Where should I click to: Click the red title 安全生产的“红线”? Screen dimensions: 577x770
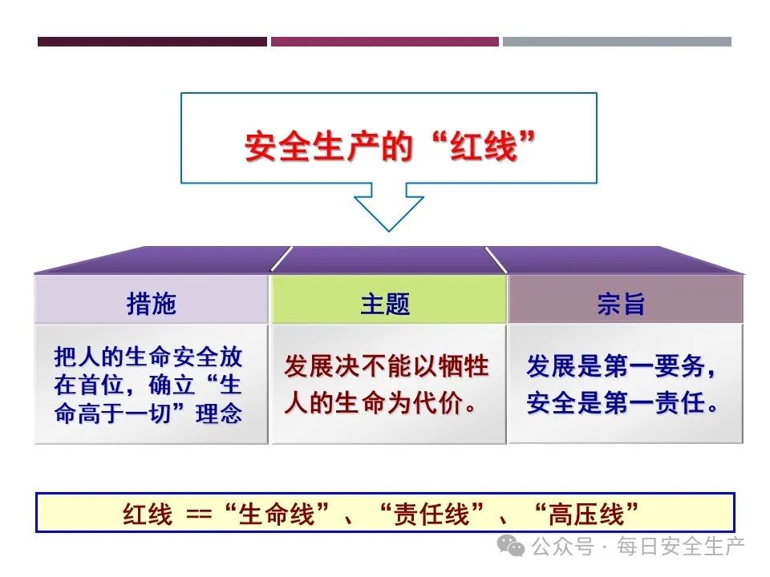pos(390,147)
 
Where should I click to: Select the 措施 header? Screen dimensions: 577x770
pos(151,304)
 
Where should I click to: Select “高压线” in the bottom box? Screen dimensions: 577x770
pos(588,514)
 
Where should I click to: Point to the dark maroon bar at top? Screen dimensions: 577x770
pos(152,41)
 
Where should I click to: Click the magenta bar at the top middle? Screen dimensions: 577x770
pos(384,41)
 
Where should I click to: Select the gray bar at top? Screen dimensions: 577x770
pos(617,41)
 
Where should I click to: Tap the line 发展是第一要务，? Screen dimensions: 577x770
pos(622,367)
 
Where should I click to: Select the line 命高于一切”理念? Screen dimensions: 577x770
pos(148,415)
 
